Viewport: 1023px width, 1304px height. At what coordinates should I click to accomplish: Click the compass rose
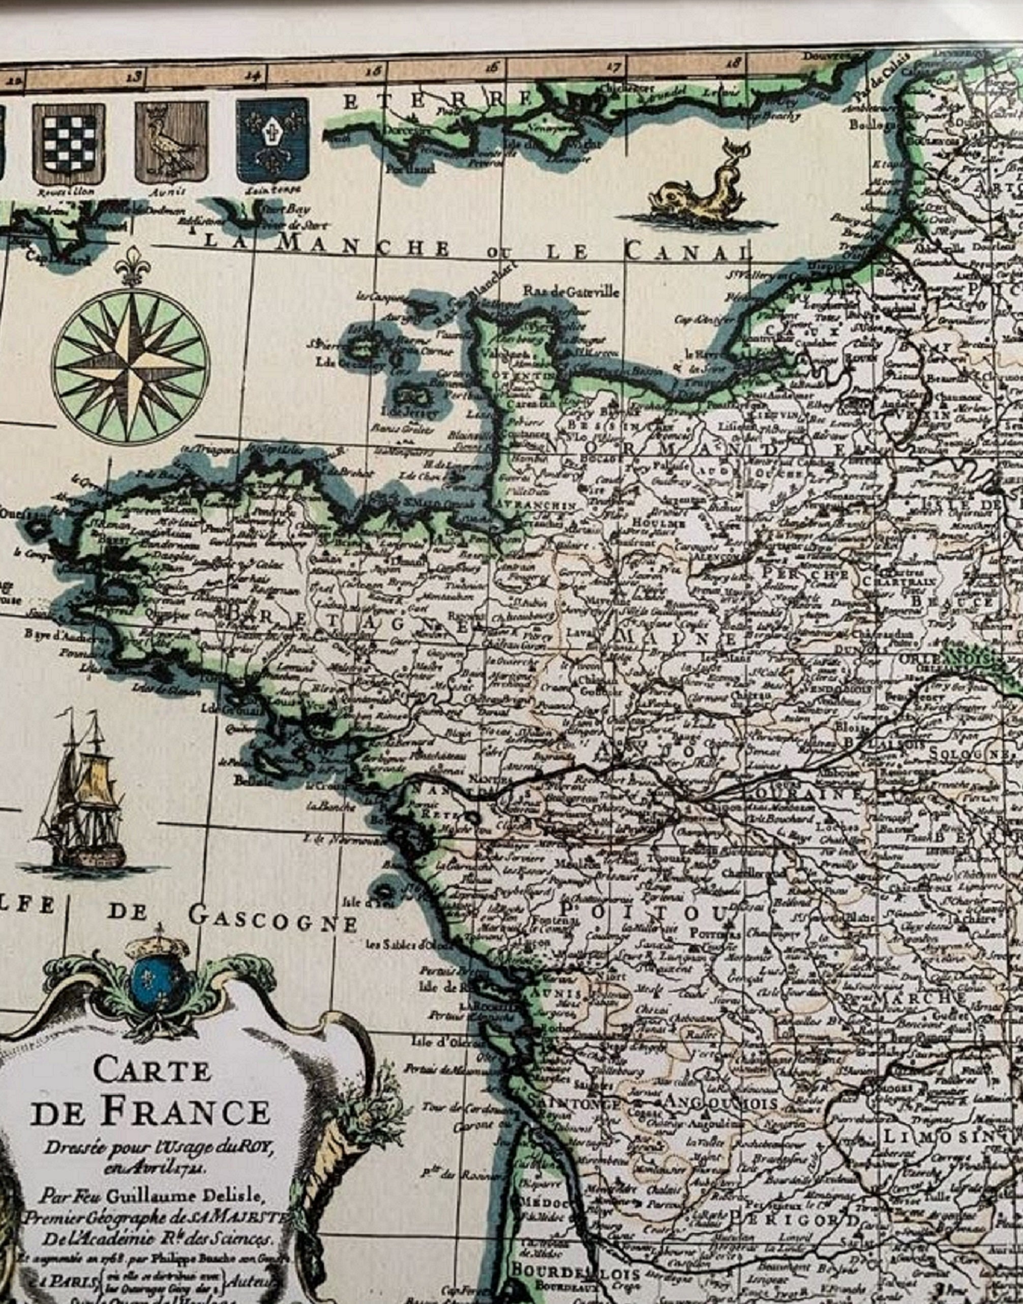pyautogui.click(x=131, y=367)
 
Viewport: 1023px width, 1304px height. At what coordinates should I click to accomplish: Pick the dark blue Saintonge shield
pyautogui.click(x=273, y=141)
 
